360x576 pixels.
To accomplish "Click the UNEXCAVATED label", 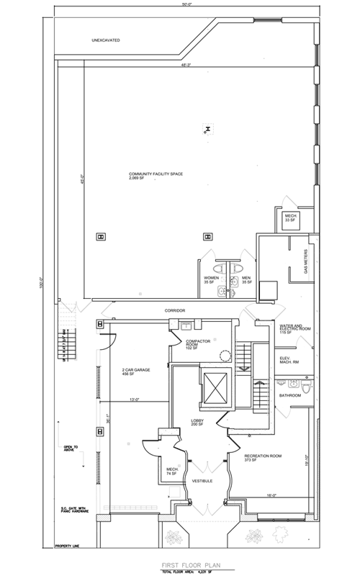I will coord(104,41).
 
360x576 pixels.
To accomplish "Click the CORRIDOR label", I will coord(176,310).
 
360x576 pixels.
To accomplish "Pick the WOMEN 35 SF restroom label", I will coord(211,279).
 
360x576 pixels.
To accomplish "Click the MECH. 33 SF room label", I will coord(291,217).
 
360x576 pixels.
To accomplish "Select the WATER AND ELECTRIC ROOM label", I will coord(294,328).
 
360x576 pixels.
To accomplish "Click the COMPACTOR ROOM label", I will coord(197,345).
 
